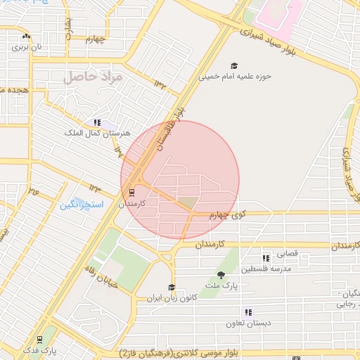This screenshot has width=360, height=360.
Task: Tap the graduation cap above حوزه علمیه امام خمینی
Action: click(x=233, y=65)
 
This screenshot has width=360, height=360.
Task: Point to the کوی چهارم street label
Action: click(x=229, y=215)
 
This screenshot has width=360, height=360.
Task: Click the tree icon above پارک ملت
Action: click(x=221, y=274)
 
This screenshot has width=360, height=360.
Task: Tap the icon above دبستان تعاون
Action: click(x=248, y=312)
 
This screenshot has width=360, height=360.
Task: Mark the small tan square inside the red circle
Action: click(x=188, y=202)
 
